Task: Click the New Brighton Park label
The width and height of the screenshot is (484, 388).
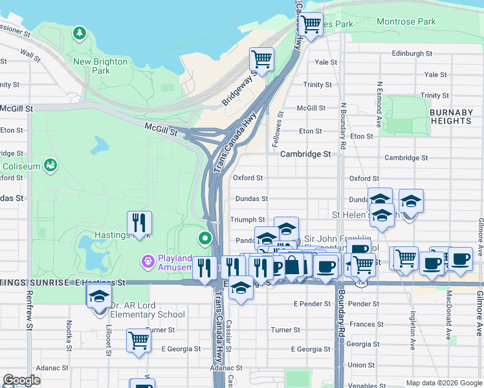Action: point(100,66)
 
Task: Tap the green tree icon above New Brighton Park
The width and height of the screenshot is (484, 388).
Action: point(80,32)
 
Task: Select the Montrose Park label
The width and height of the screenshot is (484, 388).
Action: point(406,22)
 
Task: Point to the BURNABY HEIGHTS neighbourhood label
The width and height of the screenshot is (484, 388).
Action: point(450,116)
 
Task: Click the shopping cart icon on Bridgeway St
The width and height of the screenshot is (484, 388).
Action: point(261,59)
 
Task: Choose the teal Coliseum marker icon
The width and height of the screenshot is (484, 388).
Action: point(50,166)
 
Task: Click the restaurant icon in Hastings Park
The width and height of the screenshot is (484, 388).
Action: point(139,223)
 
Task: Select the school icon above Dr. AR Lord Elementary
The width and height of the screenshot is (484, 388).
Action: point(99,297)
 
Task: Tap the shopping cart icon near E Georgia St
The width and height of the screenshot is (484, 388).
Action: point(139,339)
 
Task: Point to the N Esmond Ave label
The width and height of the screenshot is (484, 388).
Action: point(379,103)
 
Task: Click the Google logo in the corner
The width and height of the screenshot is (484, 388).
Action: point(22,380)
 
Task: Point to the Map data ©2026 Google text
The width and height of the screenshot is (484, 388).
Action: point(443,383)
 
